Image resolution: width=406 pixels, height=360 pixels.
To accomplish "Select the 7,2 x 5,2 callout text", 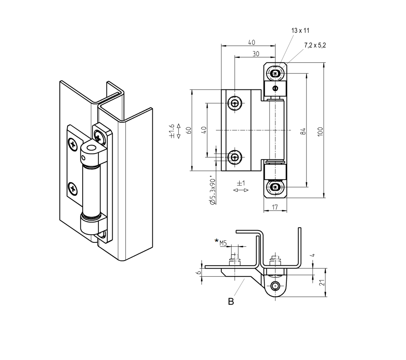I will (x=315, y=45).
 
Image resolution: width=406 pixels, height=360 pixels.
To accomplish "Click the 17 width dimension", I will (x=275, y=207).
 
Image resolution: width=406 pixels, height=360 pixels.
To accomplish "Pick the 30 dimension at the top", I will (x=255, y=54).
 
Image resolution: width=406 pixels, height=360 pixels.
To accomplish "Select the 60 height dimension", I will (x=189, y=130).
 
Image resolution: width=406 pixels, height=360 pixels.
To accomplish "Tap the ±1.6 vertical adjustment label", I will (x=172, y=130).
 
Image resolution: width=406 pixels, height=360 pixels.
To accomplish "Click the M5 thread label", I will (x=223, y=243).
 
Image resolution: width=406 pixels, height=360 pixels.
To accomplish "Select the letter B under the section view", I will (x=231, y=302).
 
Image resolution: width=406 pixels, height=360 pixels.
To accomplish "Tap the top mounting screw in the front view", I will (x=275, y=74).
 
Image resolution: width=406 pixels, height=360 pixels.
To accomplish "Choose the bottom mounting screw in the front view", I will (x=275, y=187).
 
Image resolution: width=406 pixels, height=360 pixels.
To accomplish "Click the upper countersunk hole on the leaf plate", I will (x=236, y=103).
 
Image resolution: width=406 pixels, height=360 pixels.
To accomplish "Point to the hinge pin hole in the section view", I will (x=276, y=286).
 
